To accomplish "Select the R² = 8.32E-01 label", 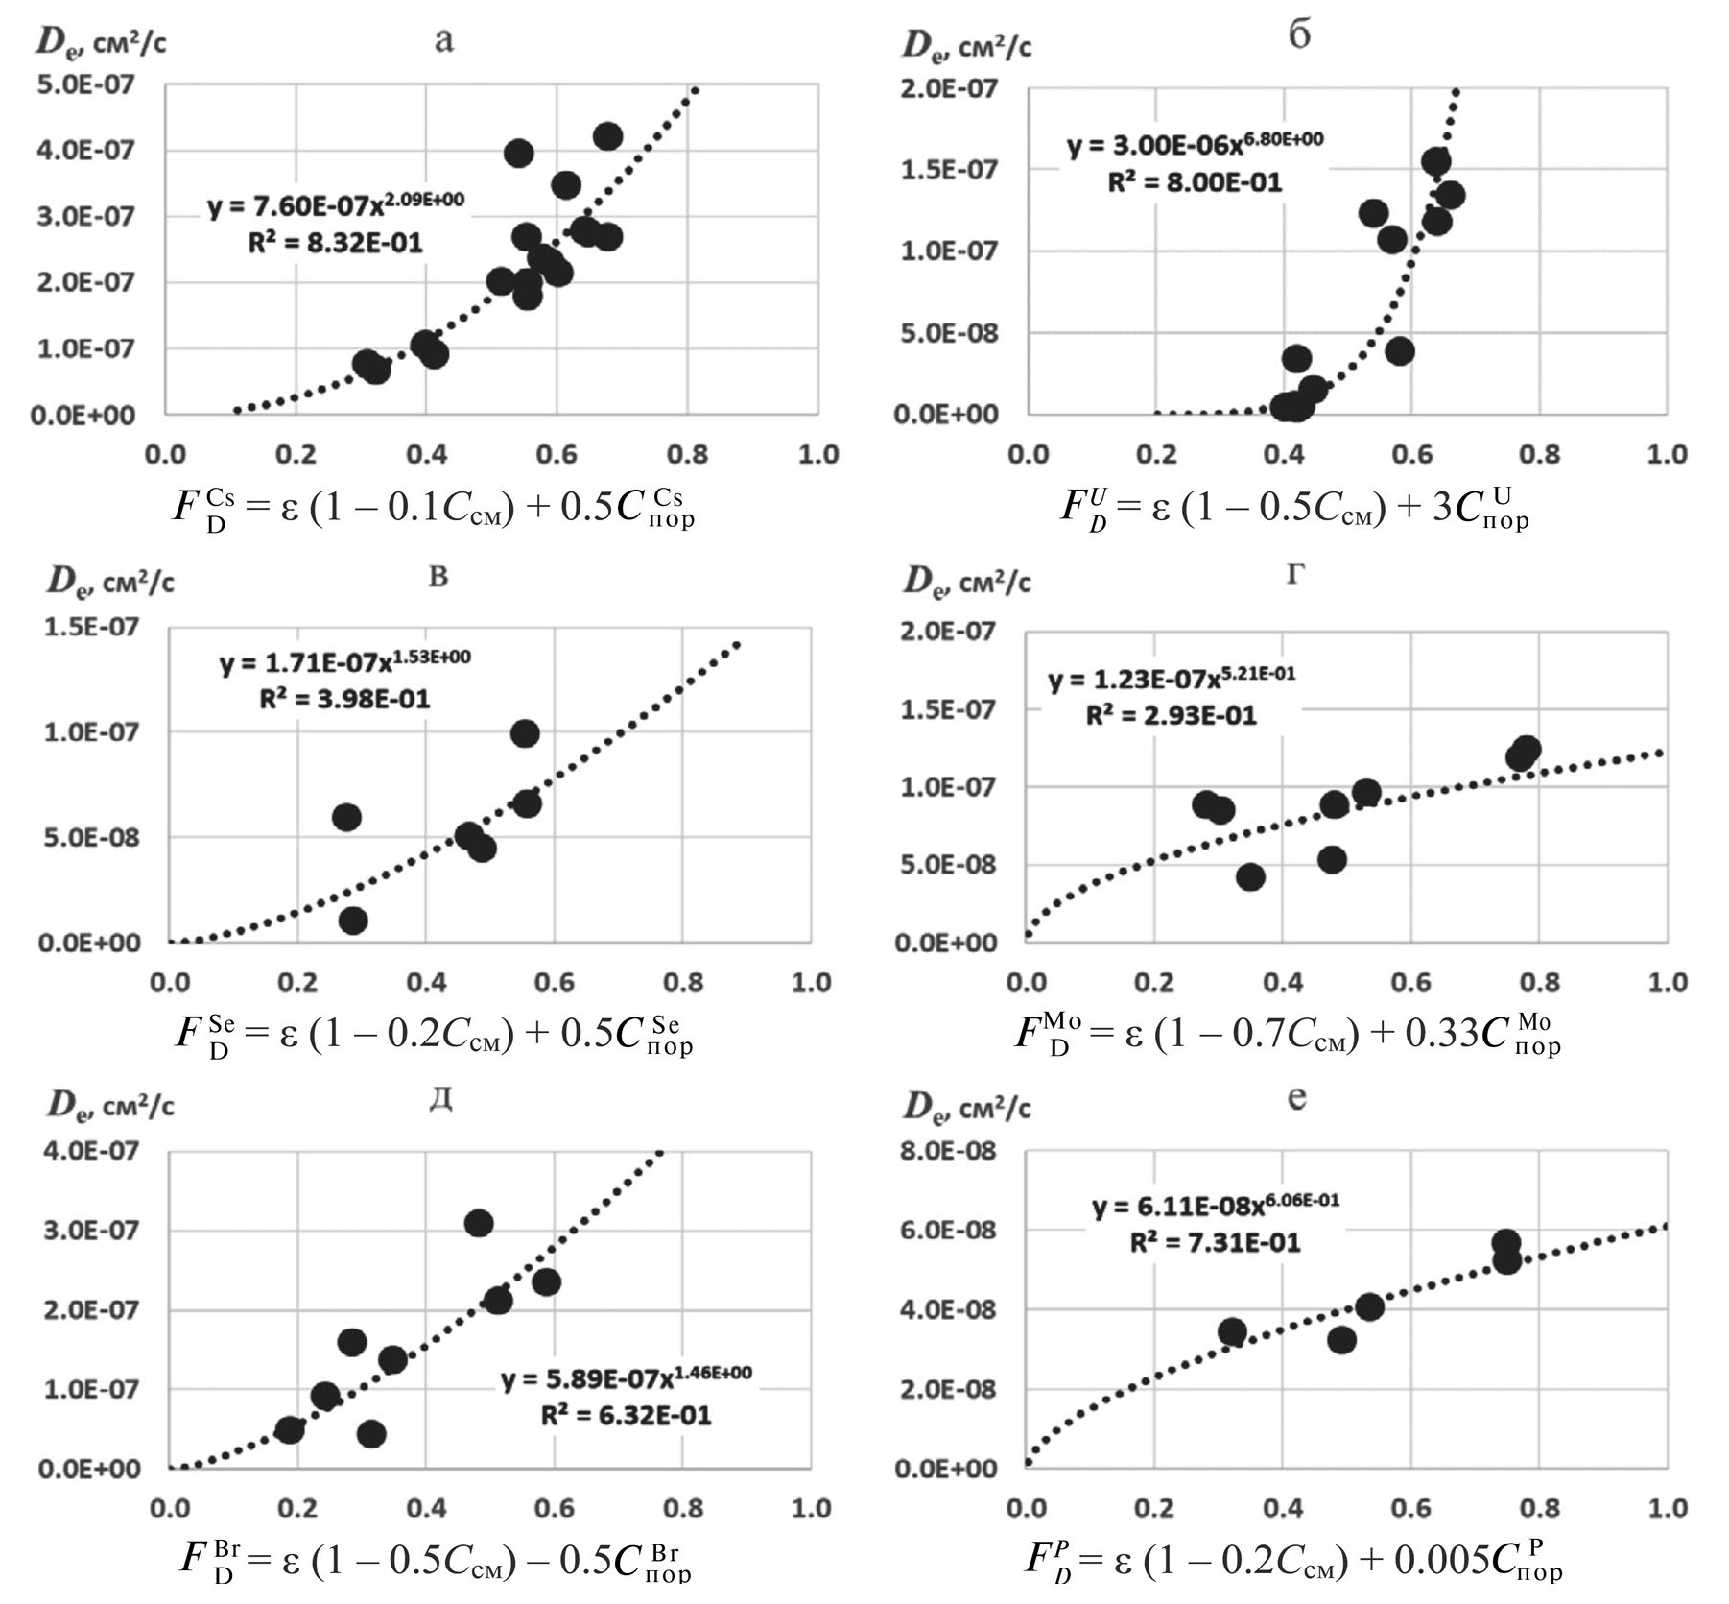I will point(335,242).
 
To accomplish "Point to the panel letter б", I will point(1298,36).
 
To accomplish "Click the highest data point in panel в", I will point(525,734).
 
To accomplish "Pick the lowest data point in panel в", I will point(353,921).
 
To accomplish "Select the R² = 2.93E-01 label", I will point(1171,715).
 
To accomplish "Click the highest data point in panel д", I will point(478,1223).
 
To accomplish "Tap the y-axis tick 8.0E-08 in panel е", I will point(948,1151).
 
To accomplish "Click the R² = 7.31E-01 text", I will point(1215,1243).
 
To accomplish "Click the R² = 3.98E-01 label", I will point(344,699).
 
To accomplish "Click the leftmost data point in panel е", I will point(1232,1331).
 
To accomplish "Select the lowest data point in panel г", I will point(1249,876).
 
